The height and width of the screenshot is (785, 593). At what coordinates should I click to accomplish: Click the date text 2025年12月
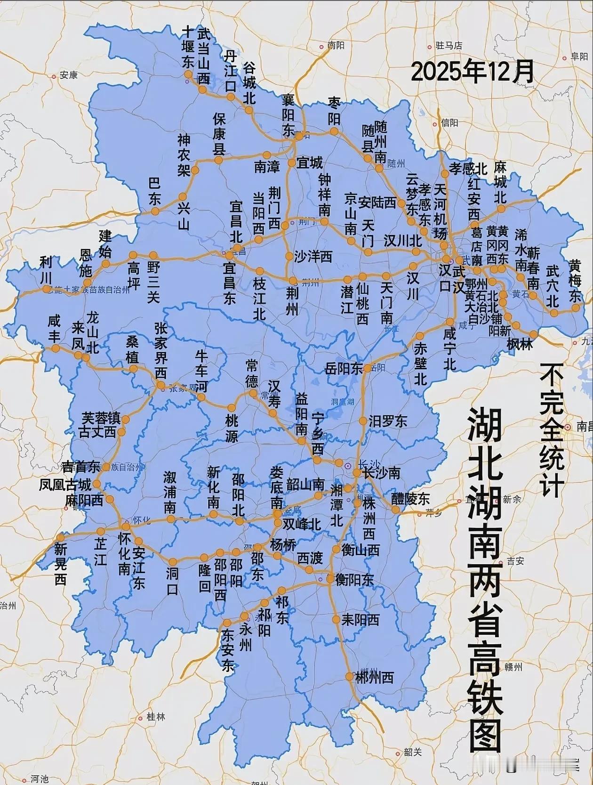[473, 72]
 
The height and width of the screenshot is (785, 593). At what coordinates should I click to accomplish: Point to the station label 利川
[46, 268]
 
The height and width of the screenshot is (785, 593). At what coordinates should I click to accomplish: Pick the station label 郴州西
[374, 678]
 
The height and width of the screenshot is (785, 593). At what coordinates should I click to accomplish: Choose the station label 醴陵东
[410, 498]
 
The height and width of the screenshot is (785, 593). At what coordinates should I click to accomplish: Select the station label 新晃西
[60, 564]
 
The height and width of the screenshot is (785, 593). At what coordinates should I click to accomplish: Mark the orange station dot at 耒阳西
[336, 619]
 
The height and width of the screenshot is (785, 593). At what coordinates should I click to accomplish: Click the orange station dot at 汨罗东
[363, 421]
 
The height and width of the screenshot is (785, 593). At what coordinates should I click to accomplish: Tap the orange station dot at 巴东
[155, 211]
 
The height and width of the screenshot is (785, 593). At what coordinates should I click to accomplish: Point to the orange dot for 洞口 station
[173, 562]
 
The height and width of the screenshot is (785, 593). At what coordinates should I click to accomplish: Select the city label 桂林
[156, 717]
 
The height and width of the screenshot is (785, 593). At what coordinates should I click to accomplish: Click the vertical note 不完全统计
[552, 430]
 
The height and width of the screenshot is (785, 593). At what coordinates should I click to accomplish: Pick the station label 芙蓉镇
[101, 418]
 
